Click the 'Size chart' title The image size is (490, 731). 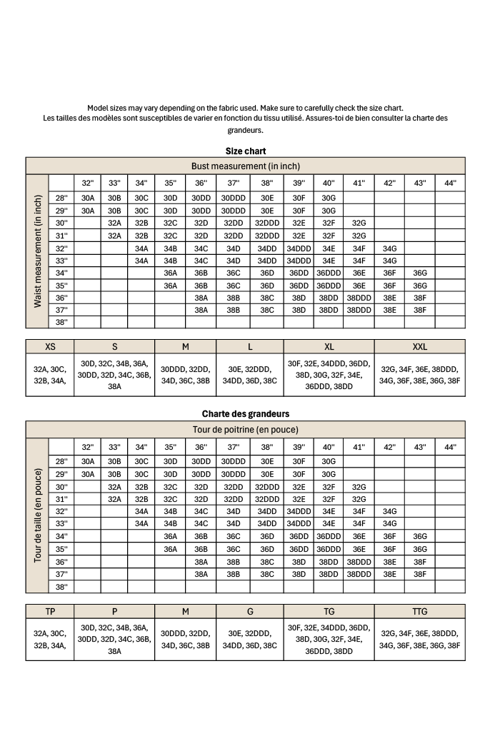click(245, 151)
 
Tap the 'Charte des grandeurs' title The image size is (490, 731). click(245, 414)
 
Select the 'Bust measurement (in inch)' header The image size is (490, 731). click(245, 166)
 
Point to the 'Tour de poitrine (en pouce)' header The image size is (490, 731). click(245, 429)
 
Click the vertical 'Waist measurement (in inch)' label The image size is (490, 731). click(37, 251)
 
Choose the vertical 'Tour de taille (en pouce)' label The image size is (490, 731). click(37, 515)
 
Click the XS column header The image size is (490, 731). click(50, 346)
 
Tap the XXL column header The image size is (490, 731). click(419, 346)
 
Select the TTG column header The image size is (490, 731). click(419, 611)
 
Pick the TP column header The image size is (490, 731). click(50, 611)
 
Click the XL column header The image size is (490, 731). click(329, 346)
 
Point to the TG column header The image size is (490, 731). click(329, 611)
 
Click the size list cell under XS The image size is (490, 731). click(50, 375)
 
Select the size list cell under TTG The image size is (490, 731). click(419, 639)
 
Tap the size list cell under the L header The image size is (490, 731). click(250, 375)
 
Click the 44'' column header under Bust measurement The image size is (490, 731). click(450, 183)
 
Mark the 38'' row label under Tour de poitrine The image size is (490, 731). click(61, 587)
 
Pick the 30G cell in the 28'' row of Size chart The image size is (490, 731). click(329, 198)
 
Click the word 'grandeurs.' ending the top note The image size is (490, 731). click(245, 131)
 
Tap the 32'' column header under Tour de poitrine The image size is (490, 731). click(87, 447)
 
